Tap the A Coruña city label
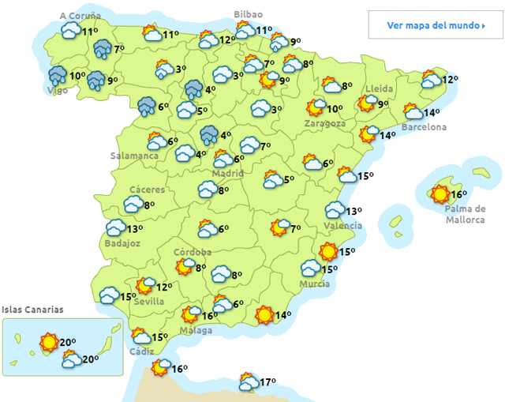tap(80, 15)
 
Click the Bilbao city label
tap(249, 14)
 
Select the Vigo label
tap(58, 91)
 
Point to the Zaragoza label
tap(325, 124)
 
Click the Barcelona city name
tap(424, 127)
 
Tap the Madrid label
tap(227, 173)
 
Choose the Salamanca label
tap(134, 156)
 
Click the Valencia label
tap(343, 225)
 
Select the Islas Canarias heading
tap(32, 310)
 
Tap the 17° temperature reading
tap(267, 382)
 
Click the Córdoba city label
tap(193, 252)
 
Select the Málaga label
tap(196, 330)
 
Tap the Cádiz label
tap(142, 351)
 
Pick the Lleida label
tap(380, 88)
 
